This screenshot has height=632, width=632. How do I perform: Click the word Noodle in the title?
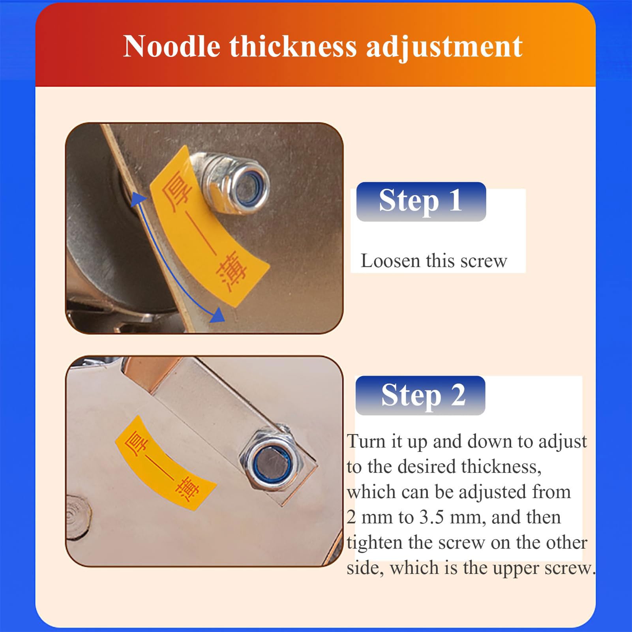tap(172, 47)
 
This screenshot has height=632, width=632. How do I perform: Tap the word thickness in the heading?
tap(293, 47)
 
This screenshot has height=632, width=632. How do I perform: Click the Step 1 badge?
tap(421, 201)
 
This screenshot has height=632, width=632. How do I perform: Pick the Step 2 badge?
tap(420, 395)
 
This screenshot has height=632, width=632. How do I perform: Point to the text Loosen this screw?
tap(434, 261)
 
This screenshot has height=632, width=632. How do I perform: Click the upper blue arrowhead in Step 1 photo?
tap(137, 199)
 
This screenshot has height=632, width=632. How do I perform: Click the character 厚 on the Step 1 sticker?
tap(178, 190)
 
